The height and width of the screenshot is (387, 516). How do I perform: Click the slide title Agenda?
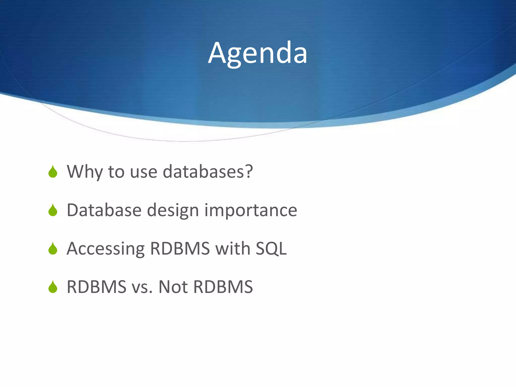tap(257, 53)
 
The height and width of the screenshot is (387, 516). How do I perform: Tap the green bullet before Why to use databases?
tap(53, 172)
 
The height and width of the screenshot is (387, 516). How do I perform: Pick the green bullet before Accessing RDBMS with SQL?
tap(53, 249)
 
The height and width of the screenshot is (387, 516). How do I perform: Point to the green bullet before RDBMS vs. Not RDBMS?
tap(53, 287)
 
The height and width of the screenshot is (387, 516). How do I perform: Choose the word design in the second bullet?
tap(173, 210)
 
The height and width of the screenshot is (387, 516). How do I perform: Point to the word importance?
tap(251, 210)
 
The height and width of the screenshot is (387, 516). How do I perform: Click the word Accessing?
tap(106, 249)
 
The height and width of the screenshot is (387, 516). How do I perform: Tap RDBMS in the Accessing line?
tap(180, 249)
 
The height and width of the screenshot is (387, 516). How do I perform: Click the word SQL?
tap(271, 249)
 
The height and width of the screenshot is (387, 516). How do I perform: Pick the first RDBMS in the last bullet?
tap(96, 287)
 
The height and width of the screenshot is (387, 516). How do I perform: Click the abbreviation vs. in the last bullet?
tap(142, 287)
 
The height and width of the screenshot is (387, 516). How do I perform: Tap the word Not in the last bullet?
tap(173, 287)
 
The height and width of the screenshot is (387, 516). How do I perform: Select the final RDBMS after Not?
tap(223, 287)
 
